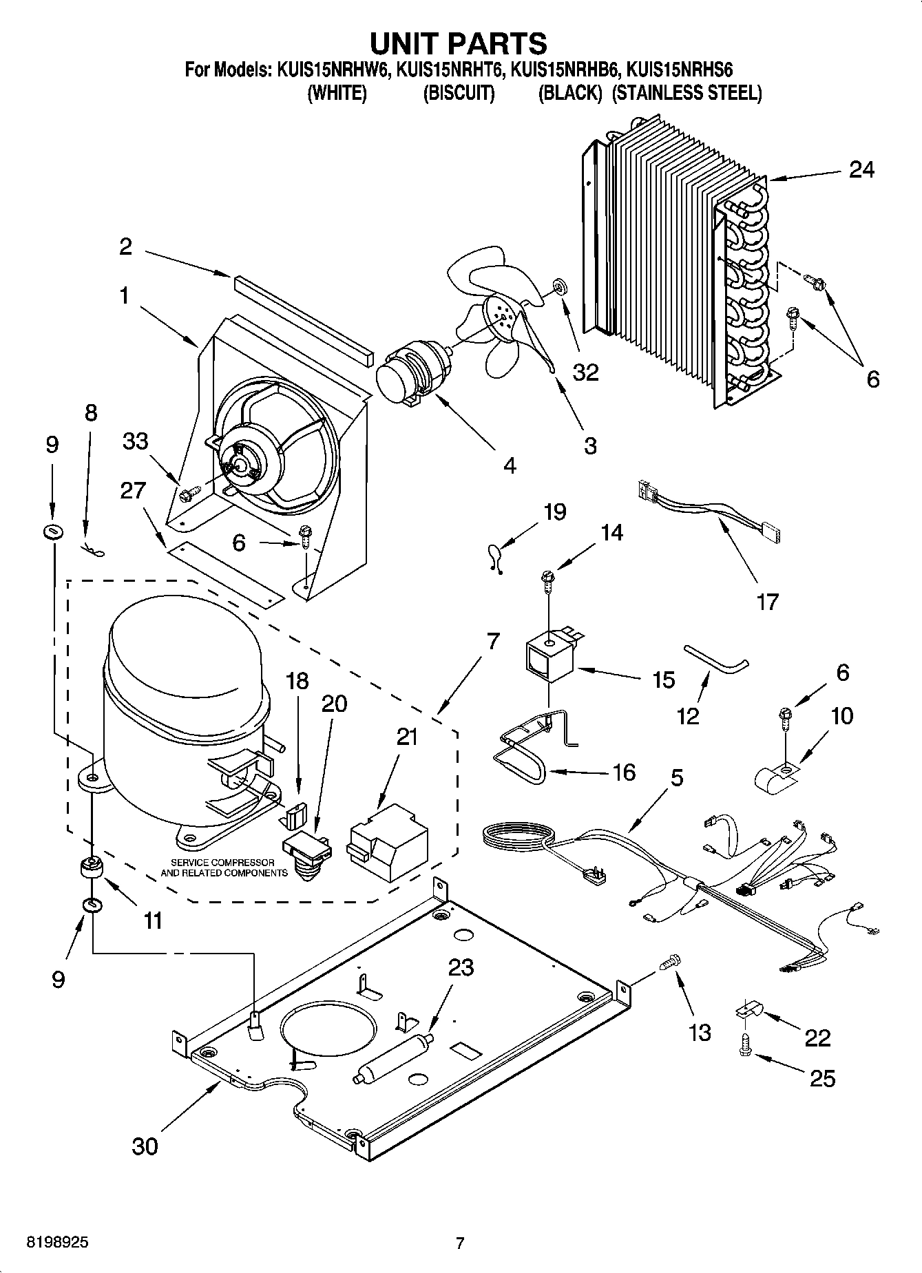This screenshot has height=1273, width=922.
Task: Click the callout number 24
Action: tap(861, 169)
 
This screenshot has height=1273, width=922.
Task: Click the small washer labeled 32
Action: tap(558, 284)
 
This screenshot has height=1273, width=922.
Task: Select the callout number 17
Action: tap(766, 601)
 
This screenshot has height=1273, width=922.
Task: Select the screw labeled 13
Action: tap(671, 962)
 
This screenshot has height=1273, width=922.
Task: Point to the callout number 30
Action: tap(145, 1146)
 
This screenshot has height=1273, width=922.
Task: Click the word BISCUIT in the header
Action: tap(459, 93)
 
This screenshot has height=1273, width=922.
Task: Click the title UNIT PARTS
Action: tap(459, 43)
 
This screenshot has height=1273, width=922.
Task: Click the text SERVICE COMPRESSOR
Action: tap(222, 863)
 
